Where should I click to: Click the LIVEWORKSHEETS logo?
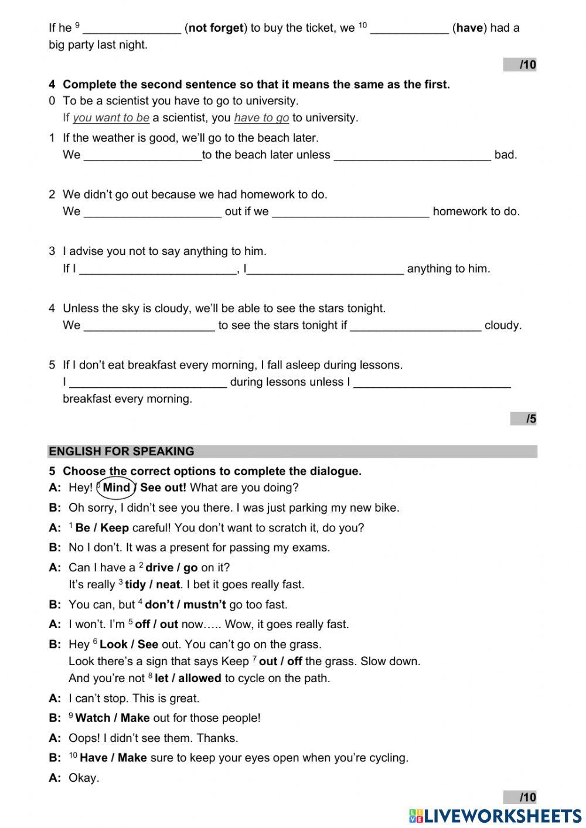pyautogui.click(x=495, y=816)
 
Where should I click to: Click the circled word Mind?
pyautogui.click(x=116, y=488)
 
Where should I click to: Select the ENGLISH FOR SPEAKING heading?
pyautogui.click(x=121, y=451)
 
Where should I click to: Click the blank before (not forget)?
pyautogui.click(x=132, y=28)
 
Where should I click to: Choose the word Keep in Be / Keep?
pyautogui.click(x=114, y=528)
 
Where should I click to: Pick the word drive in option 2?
pyautogui.click(x=159, y=568)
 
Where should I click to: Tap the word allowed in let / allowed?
pyautogui.click(x=199, y=679)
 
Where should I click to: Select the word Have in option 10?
pyautogui.click(x=93, y=758)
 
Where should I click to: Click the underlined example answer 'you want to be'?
pyautogui.click(x=111, y=118)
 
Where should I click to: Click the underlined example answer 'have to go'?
pyautogui.click(x=261, y=118)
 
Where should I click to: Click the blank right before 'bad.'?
pyautogui.click(x=412, y=155)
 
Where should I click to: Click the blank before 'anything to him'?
pyautogui.click(x=325, y=269)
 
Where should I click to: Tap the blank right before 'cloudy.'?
pyautogui.click(x=415, y=326)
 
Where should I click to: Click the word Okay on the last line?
pyautogui.click(x=84, y=778)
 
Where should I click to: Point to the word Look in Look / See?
pyautogui.click(x=113, y=645)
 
